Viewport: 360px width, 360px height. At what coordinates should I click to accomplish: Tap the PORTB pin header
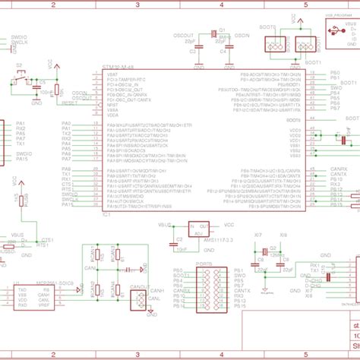point(209,289)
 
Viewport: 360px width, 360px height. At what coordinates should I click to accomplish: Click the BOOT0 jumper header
point(275,43)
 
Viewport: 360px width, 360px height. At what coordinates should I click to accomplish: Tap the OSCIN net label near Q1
point(242,35)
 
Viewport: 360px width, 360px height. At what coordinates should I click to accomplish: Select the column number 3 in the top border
point(136,4)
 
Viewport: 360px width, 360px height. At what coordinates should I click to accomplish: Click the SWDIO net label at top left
point(18,36)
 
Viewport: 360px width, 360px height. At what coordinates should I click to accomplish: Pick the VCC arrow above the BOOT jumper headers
point(289,24)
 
